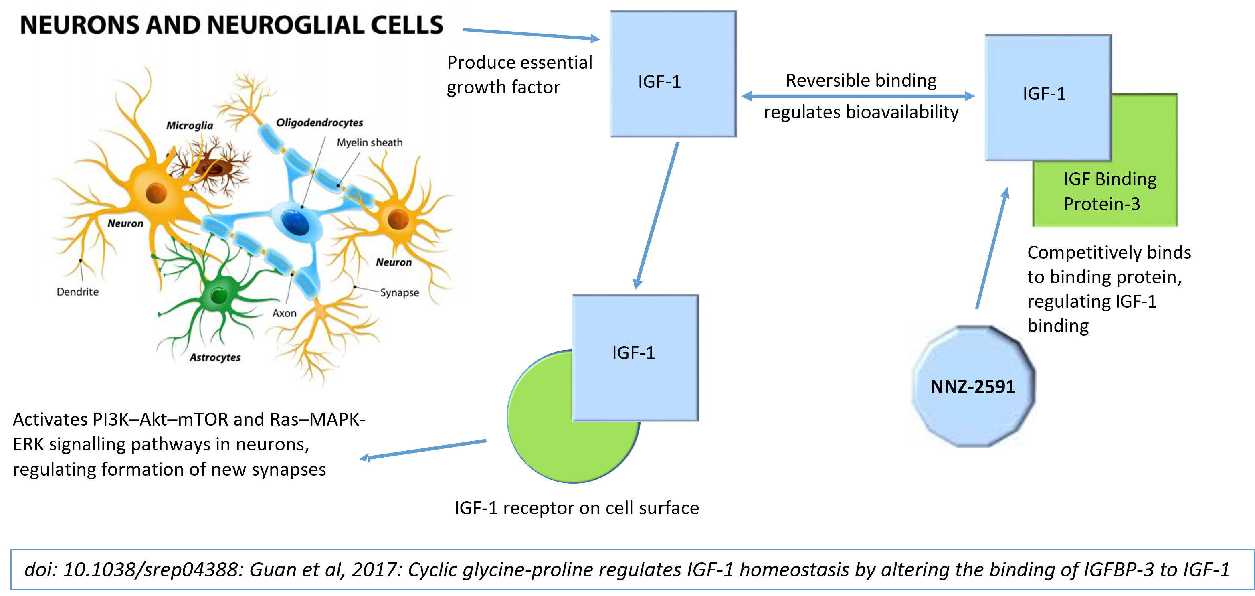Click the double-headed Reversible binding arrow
pos(858,96)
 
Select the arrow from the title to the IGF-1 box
pos(531,34)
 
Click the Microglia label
pos(190,125)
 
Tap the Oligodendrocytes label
pos(319,122)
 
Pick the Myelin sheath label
pos(370,142)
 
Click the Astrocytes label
pos(215,357)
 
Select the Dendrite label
pos(77,292)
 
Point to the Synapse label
pos(400,292)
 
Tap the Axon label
pos(284,313)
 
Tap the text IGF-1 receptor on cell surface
pos(577,508)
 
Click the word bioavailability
pos(902,112)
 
